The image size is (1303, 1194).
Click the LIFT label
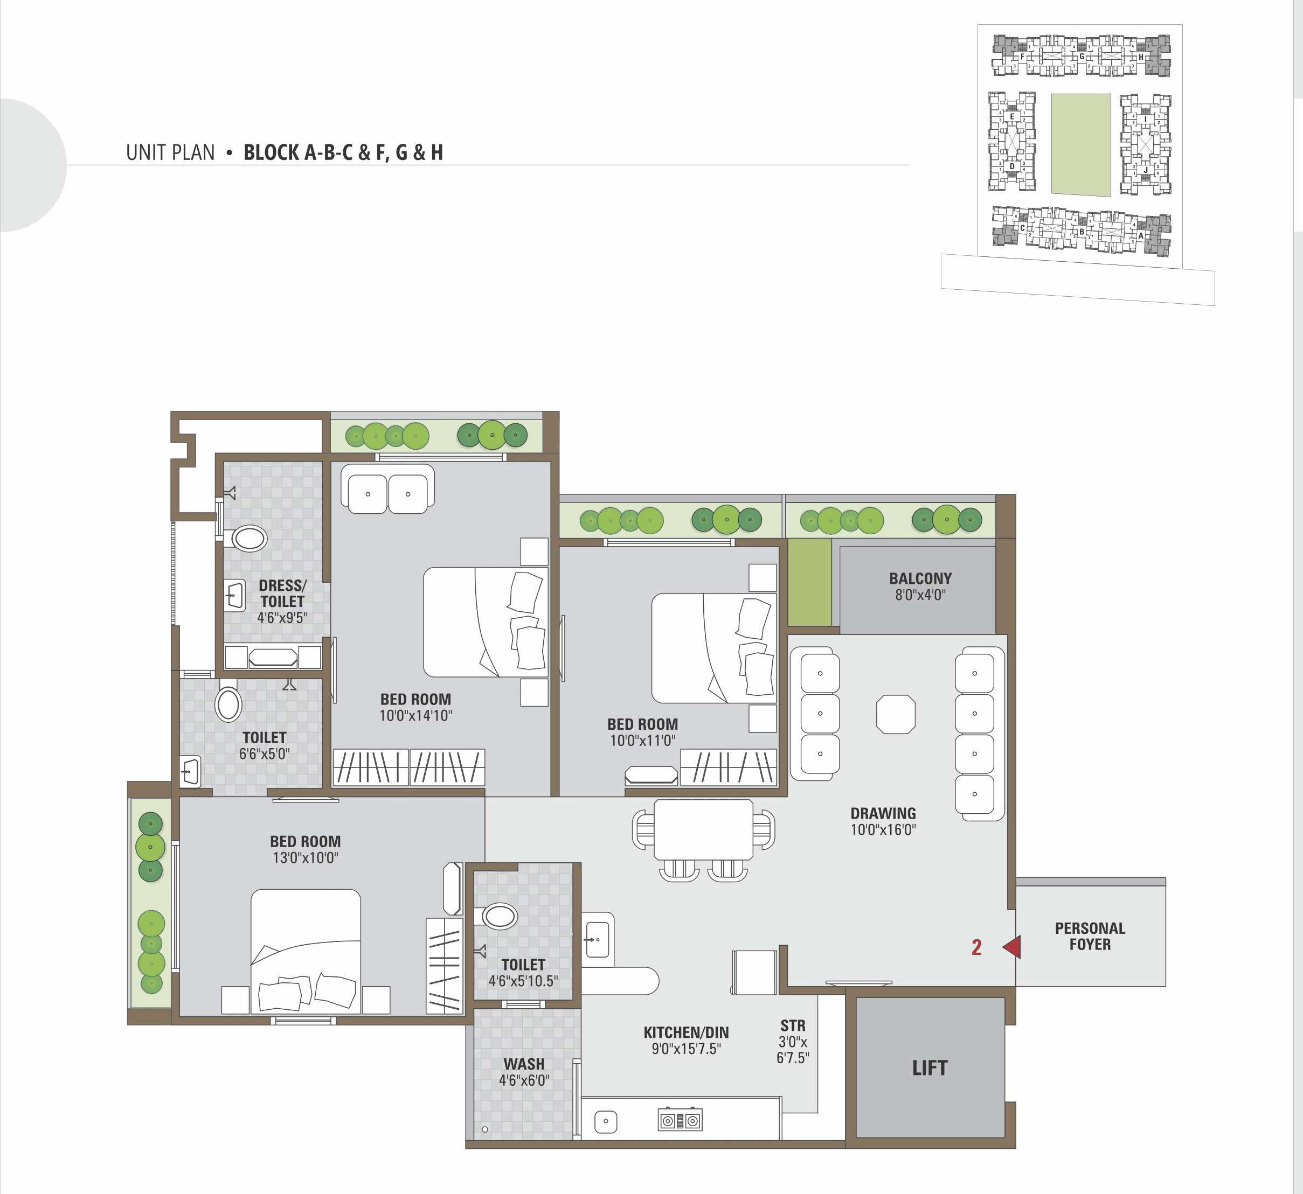point(930,1068)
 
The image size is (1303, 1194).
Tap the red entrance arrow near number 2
point(1013,947)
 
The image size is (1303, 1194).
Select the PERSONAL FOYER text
point(1090,936)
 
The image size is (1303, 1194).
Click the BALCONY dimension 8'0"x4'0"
point(920,595)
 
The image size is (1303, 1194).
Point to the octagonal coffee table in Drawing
point(895,714)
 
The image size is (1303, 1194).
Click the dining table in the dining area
point(703,829)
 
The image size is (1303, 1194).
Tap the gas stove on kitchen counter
point(680,1120)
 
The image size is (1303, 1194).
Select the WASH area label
point(524,1064)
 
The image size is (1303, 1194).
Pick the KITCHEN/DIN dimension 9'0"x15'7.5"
point(686,1049)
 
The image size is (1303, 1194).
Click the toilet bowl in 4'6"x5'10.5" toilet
point(500,916)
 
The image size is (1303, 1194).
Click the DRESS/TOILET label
point(282,593)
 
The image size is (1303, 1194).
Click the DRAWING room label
point(883,813)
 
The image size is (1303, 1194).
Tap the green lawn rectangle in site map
point(1080,145)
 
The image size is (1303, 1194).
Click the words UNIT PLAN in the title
point(170,152)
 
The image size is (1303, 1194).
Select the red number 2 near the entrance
point(976,947)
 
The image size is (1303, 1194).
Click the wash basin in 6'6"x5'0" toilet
point(190,771)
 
